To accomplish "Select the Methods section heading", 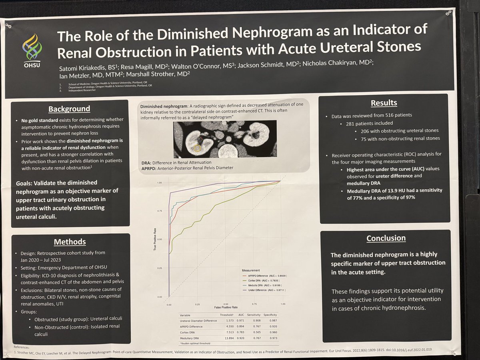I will pyautogui.click(x=70, y=242).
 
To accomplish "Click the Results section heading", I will pyautogui.click(x=384, y=103).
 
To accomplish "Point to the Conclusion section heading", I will pyautogui.click(x=386, y=238).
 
